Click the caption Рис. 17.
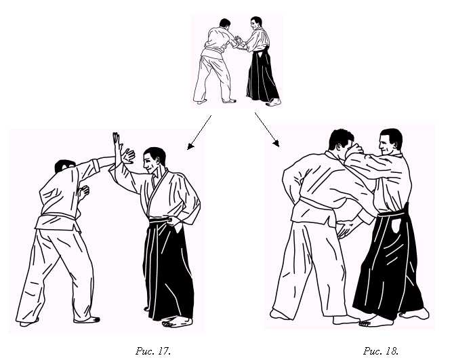(153, 351)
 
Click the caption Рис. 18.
(381, 351)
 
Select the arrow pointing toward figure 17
(199, 133)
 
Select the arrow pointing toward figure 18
(267, 129)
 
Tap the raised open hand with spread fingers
(127, 156)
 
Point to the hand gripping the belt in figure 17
(173, 221)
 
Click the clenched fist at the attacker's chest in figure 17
(84, 192)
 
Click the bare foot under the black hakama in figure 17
(176, 321)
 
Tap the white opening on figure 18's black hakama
(396, 226)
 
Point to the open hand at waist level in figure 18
(347, 228)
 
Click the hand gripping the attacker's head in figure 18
(354, 150)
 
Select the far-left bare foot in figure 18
(279, 315)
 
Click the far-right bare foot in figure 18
(415, 313)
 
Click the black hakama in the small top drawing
(262, 77)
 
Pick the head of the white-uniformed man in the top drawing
(225, 22)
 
